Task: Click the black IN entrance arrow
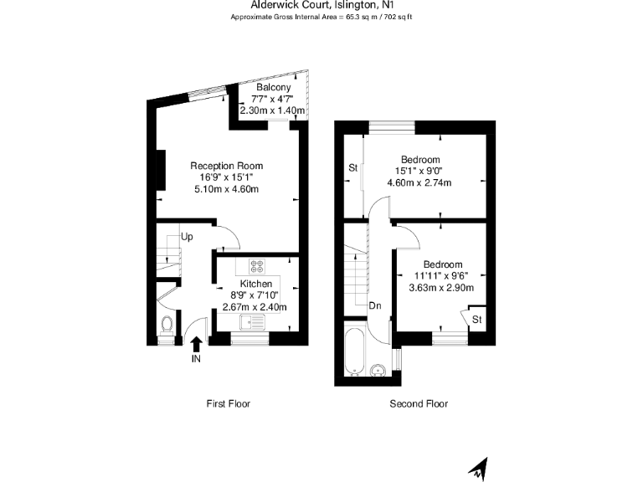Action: click(197, 342)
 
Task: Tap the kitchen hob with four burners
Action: click(256, 267)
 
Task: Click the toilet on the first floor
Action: click(167, 324)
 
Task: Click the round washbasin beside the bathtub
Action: click(378, 368)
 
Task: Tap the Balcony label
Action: click(274, 88)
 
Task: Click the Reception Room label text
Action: click(226, 165)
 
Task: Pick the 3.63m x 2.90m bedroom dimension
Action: click(441, 288)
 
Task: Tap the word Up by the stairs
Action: click(188, 237)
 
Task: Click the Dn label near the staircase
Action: click(375, 305)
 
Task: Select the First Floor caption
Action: click(228, 403)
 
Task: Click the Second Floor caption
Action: click(419, 403)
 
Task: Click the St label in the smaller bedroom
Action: click(476, 320)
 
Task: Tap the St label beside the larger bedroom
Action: click(353, 168)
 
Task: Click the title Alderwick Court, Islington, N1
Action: click(321, 4)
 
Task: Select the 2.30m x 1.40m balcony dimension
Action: click(274, 110)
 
